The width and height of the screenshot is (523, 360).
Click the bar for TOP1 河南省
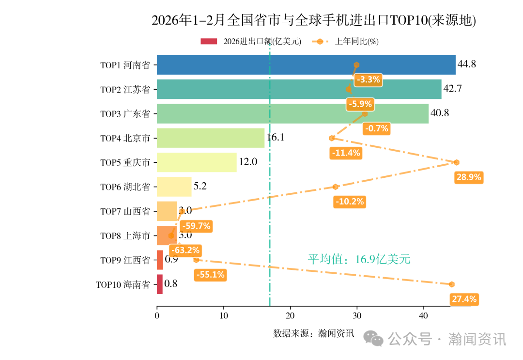(x=306, y=64)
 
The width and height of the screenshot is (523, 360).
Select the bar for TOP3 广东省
(x=292, y=113)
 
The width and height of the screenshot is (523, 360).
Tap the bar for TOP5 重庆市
(x=197, y=162)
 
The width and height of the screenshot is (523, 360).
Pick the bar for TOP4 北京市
(x=211, y=138)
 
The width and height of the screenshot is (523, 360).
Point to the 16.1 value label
(x=275, y=138)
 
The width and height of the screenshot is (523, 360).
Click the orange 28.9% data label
(x=468, y=177)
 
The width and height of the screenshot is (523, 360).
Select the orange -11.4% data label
(x=346, y=153)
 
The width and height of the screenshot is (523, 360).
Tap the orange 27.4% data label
(x=464, y=299)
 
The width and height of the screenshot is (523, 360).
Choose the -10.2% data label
(x=349, y=202)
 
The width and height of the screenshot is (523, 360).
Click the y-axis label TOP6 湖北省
(x=125, y=187)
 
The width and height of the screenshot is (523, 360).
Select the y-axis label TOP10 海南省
(x=123, y=285)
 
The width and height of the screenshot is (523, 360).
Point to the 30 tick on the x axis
(x=357, y=315)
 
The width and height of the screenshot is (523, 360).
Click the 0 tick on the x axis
(x=157, y=315)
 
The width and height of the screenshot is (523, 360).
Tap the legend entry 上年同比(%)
(x=356, y=42)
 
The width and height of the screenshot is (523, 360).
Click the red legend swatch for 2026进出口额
(x=209, y=42)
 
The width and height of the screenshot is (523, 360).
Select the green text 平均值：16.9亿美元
(x=359, y=259)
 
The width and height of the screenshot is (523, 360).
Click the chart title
(x=314, y=20)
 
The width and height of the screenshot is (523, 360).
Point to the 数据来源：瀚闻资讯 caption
(x=314, y=333)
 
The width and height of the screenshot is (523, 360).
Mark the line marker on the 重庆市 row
(x=456, y=162)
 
